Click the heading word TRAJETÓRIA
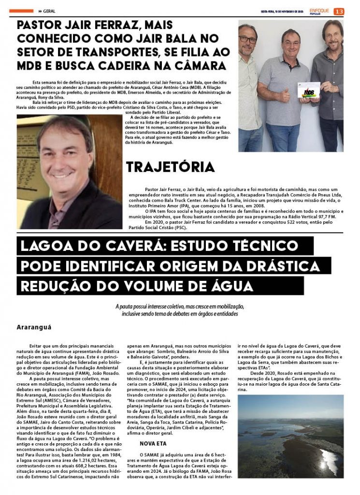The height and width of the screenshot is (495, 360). point(171,167)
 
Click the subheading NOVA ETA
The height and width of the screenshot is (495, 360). point(153,442)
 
